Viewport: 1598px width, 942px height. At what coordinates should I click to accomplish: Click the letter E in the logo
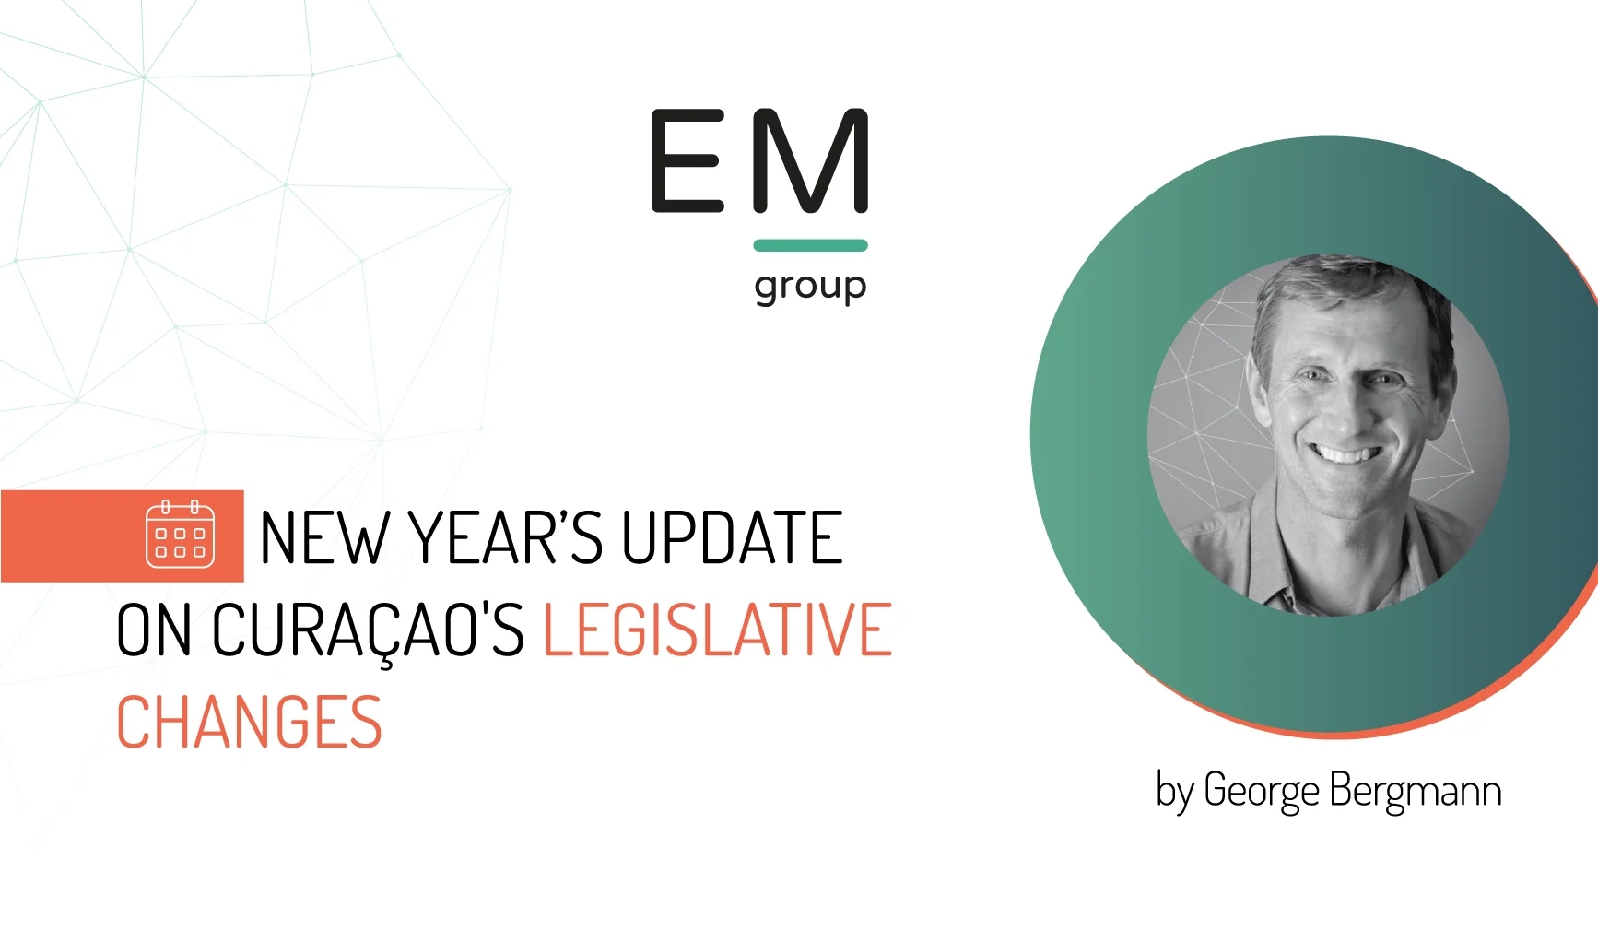(687, 161)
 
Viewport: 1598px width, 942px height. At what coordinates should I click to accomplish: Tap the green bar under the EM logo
(811, 245)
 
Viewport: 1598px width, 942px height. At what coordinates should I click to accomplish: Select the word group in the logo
(811, 288)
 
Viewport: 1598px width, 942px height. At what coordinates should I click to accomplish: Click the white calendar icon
(181, 535)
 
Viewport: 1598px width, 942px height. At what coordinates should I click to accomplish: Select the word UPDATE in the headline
(732, 537)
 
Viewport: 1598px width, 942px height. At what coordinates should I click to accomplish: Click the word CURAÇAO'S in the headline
(368, 633)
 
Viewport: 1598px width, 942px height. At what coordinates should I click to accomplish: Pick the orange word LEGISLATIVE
(718, 630)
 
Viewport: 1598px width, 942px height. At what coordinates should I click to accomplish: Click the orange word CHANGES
(249, 723)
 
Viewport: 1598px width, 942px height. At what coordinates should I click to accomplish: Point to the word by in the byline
(1175, 793)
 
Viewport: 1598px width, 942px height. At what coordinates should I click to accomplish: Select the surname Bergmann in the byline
(1416, 792)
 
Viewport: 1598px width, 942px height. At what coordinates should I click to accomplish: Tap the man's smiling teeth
(1346, 453)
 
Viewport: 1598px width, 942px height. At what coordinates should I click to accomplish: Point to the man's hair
(1345, 290)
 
